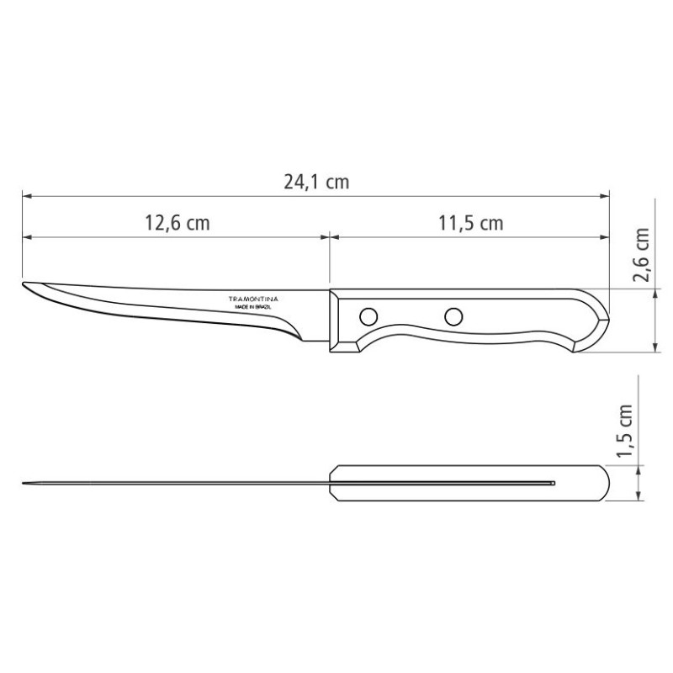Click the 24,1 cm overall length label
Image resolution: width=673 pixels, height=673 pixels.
pos(316,182)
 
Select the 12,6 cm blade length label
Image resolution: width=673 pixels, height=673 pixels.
pos(178,223)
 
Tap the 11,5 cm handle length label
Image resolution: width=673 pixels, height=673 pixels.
pos(470,223)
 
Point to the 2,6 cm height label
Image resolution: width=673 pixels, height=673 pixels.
pos(642,255)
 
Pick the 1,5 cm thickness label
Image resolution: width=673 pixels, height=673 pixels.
pos(624,431)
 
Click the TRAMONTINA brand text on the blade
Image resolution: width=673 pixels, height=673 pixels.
pos(253,299)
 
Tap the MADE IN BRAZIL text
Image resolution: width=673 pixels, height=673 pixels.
pos(253,307)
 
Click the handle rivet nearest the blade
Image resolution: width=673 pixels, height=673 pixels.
pos(368,317)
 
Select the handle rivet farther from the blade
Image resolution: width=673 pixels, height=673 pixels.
pos(453,317)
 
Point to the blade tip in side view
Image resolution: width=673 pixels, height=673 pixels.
pos(23,284)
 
